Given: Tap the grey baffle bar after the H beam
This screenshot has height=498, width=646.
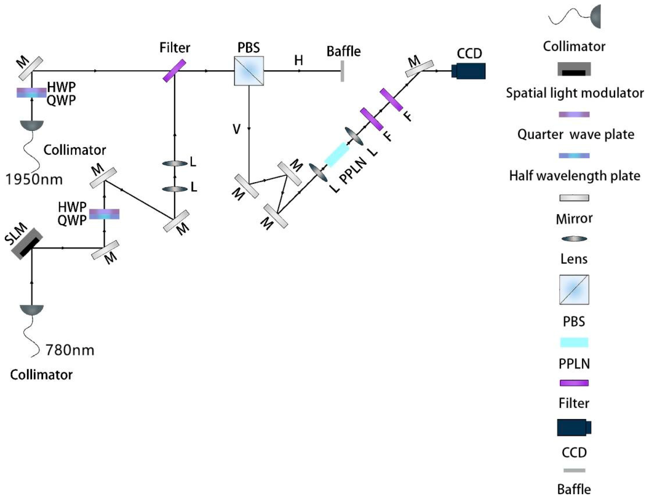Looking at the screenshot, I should pyautogui.click(x=342, y=71).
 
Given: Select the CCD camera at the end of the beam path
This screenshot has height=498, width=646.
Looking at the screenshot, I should pyautogui.click(x=469, y=71).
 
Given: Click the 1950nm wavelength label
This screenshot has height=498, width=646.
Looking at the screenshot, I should pyautogui.click(x=34, y=179).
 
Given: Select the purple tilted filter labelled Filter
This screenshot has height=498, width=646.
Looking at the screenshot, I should pyautogui.click(x=175, y=71).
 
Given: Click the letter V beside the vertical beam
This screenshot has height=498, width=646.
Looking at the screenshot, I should pyautogui.click(x=236, y=129).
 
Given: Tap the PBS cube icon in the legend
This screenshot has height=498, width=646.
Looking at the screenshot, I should pyautogui.click(x=574, y=290).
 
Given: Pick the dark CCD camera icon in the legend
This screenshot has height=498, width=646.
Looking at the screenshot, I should pyautogui.click(x=574, y=427).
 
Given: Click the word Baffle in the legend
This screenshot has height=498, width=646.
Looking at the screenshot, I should pyautogui.click(x=574, y=489).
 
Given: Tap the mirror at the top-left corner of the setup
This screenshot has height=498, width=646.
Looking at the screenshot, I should pyautogui.click(x=31, y=69).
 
